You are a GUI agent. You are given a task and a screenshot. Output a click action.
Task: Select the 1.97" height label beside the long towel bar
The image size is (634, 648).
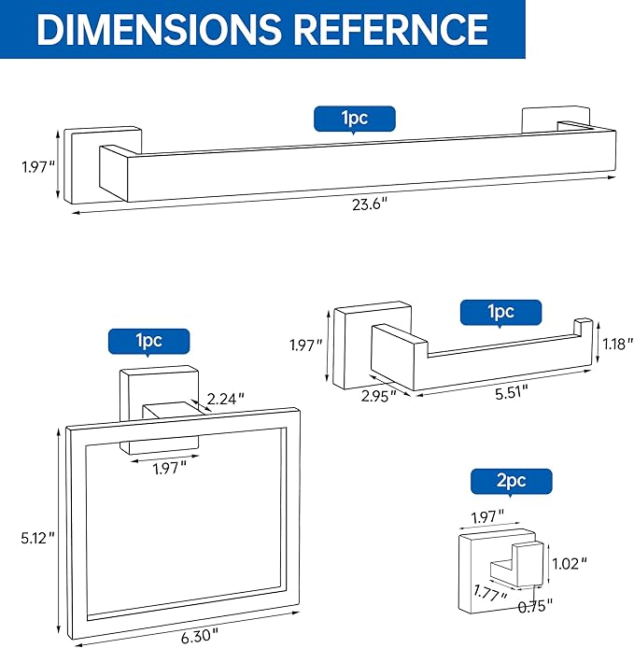[x=38, y=167]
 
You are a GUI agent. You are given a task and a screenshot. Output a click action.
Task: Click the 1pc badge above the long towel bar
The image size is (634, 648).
[x=354, y=118]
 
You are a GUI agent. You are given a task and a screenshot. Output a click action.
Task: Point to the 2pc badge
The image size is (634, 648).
[x=511, y=481]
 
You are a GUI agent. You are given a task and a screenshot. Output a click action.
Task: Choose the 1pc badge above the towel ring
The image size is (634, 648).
[x=148, y=341]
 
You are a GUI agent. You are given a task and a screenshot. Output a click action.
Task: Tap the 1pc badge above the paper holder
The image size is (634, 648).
[x=500, y=312]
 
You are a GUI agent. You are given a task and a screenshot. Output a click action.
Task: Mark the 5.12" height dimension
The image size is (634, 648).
[x=38, y=539]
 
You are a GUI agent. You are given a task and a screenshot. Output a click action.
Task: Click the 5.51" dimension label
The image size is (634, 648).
[x=505, y=393]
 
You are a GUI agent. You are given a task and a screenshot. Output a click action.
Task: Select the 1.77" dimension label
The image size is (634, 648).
[x=488, y=591]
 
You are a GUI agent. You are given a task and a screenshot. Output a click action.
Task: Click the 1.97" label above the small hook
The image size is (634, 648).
[x=486, y=514]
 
